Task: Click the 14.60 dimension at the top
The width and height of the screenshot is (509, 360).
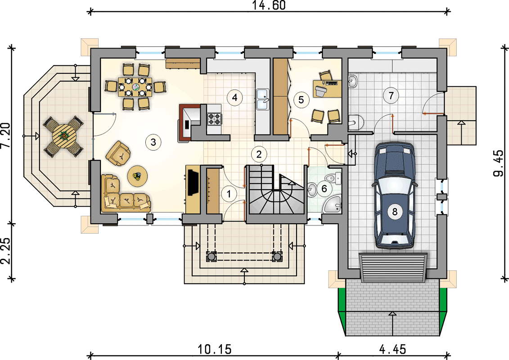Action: tap(269, 5)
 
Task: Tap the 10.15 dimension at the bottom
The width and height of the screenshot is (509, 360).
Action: tap(215, 350)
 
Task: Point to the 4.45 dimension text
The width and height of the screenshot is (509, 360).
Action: tap(392, 350)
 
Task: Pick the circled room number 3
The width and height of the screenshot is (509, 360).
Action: tap(153, 142)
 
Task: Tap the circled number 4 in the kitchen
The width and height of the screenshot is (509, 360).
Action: tap(235, 97)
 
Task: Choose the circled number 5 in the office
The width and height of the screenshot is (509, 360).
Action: tap(301, 99)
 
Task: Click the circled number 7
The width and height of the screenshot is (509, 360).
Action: tap(391, 96)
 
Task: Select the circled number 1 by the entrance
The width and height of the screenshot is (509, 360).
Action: tap(229, 194)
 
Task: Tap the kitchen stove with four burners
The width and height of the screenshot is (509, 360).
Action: tap(214, 119)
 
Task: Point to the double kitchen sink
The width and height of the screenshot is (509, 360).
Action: tap(263, 99)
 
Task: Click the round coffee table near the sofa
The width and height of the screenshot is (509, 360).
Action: tap(138, 176)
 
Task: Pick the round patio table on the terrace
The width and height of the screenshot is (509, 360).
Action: tap(63, 136)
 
